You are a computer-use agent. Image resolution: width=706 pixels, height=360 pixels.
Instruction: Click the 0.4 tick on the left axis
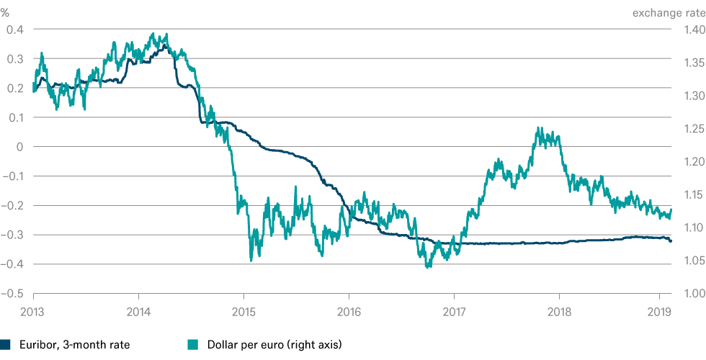click(14, 30)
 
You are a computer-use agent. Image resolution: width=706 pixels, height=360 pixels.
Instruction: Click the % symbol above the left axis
click(6, 12)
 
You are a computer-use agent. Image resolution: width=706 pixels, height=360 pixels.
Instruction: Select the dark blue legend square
click(5, 345)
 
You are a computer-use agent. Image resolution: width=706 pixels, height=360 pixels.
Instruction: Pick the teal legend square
click(192, 345)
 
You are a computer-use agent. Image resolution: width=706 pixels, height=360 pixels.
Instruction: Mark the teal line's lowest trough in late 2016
click(429, 268)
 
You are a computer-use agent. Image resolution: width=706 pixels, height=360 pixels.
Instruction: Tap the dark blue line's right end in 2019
click(671, 241)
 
